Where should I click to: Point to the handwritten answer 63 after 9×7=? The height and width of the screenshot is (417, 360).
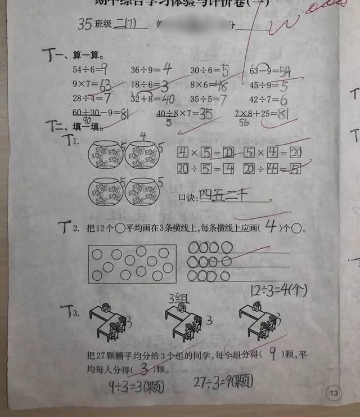tap(105, 86)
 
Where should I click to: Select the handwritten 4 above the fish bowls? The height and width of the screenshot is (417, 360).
tap(143, 136)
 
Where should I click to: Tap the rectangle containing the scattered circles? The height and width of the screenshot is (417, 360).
tap(132, 263)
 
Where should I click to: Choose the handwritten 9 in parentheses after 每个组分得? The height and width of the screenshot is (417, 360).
tap(273, 354)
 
